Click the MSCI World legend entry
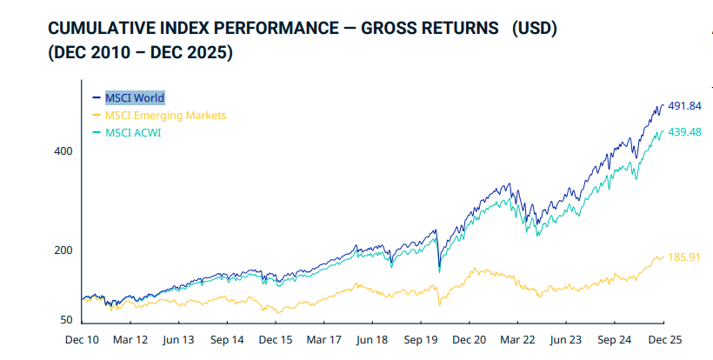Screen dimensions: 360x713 [134, 97]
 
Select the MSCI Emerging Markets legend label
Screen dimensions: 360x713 [165, 115]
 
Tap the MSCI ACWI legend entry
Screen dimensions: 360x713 [133, 133]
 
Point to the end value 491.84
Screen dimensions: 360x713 [683, 106]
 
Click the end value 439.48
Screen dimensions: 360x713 [683, 132]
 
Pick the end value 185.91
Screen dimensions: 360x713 [683, 257]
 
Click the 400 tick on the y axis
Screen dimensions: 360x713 [63, 151]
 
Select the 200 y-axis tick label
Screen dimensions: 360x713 [63, 250]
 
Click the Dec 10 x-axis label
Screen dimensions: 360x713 [82, 341]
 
